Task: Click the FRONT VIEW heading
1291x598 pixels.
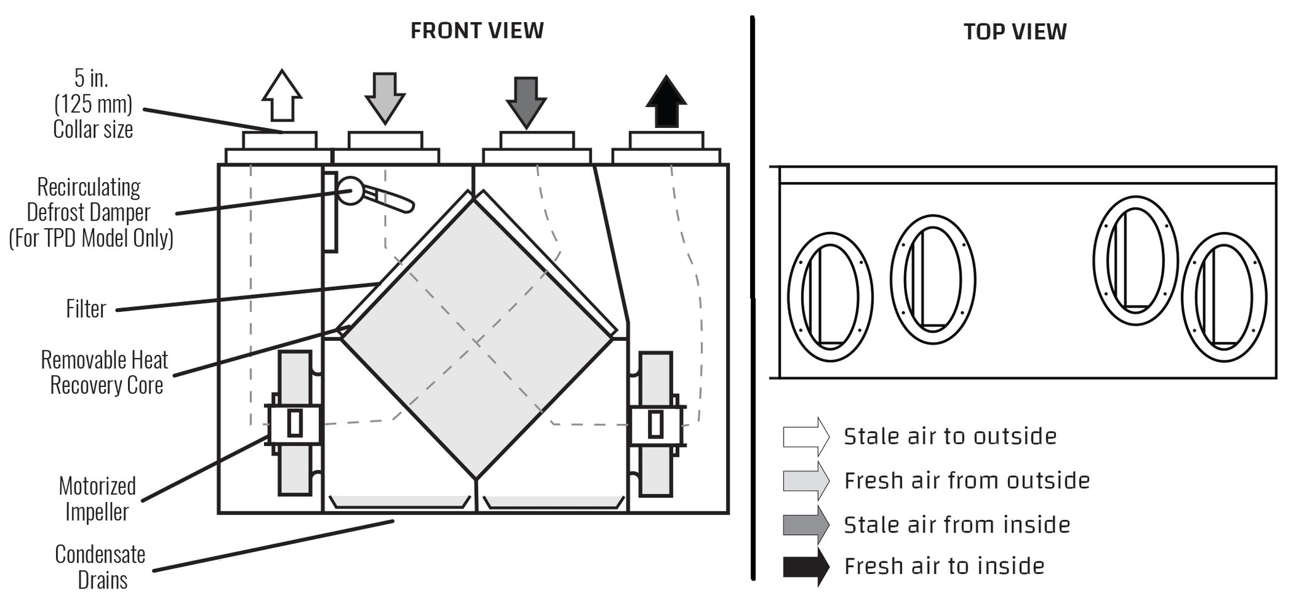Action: (x=477, y=30)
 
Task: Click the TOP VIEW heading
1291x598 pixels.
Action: (x=1015, y=32)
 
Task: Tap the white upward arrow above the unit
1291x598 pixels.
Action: (x=282, y=95)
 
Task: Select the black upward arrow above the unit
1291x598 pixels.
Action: (x=666, y=101)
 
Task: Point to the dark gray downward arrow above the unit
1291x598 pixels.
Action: (x=526, y=103)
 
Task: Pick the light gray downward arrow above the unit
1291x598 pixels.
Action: (x=385, y=98)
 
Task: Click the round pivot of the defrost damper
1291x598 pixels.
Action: (x=350, y=191)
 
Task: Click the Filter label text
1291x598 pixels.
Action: (x=86, y=309)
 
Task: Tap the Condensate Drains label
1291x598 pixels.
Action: (x=100, y=566)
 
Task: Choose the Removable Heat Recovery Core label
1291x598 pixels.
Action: (x=105, y=372)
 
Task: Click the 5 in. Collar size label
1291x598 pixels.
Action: (x=93, y=104)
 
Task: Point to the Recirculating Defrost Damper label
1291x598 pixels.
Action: (x=91, y=212)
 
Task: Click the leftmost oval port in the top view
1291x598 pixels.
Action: (x=830, y=297)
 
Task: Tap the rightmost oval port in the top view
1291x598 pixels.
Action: (x=1224, y=297)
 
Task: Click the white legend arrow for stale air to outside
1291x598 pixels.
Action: (x=806, y=437)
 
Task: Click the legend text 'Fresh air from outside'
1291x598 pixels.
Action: (x=967, y=481)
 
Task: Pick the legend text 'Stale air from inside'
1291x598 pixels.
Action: (x=957, y=525)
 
